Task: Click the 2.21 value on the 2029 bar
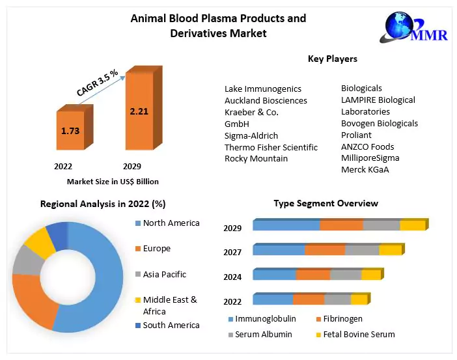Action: click(139, 111)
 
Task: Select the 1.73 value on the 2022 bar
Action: click(70, 131)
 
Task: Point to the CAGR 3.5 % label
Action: click(97, 83)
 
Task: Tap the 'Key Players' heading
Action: click(332, 59)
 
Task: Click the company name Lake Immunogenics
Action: click(263, 89)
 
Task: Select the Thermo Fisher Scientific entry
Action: click(271, 147)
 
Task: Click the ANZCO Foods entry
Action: click(367, 146)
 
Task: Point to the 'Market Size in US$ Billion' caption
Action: click(113, 182)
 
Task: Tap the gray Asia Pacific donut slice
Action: click(24, 260)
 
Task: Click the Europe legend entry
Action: click(156, 249)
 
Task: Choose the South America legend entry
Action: click(171, 325)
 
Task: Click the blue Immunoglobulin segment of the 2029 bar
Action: click(286, 225)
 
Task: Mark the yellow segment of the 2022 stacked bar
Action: click(359, 299)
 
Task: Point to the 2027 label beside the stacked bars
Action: click(232, 253)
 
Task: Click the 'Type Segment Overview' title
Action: click(325, 203)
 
